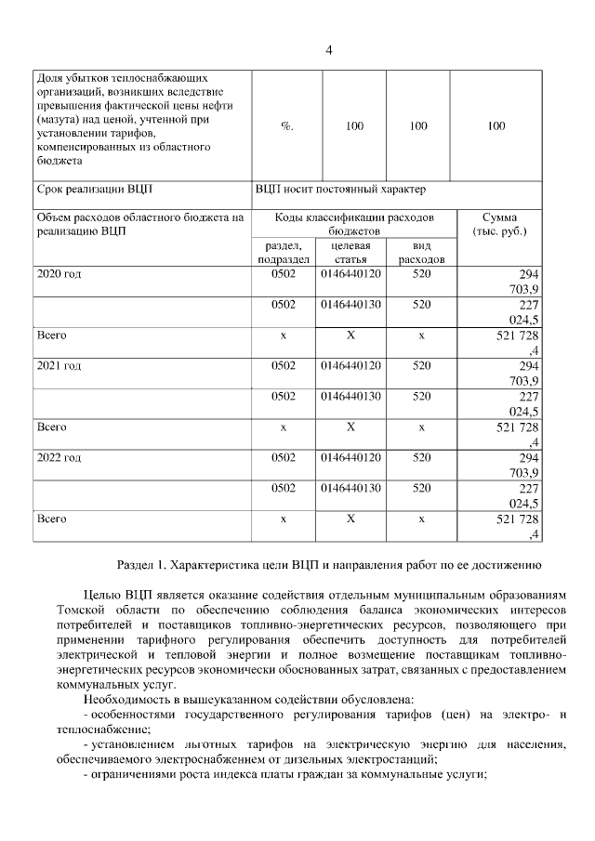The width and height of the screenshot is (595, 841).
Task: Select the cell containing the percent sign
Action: pyautogui.click(x=286, y=126)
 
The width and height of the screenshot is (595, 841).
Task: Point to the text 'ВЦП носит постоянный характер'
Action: pyautogui.click(x=340, y=190)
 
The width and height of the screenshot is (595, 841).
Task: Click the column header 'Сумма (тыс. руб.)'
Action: pyautogui.click(x=499, y=223)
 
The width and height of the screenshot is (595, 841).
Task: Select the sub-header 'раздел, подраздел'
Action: pyautogui.click(x=283, y=252)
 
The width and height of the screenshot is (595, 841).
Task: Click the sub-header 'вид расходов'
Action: pyautogui.click(x=421, y=252)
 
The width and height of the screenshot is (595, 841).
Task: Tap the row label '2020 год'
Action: pyautogui.click(x=59, y=274)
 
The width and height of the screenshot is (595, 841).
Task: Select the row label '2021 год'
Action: pyautogui.click(x=59, y=365)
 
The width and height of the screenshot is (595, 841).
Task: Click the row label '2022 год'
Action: pyautogui.click(x=59, y=457)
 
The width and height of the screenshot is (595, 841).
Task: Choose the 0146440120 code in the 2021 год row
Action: pyautogui.click(x=350, y=365)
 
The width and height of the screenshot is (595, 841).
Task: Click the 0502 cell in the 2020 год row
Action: pyautogui.click(x=283, y=274)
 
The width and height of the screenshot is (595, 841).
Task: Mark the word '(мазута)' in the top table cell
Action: pyautogui.click(x=60, y=120)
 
